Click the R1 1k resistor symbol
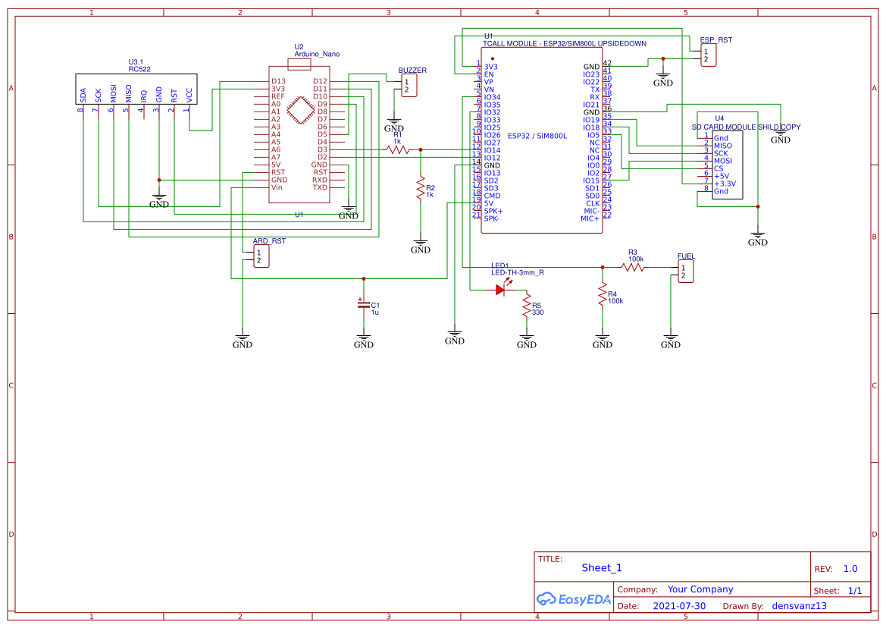coord(398,150)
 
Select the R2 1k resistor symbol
coord(420,188)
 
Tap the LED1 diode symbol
coord(501,289)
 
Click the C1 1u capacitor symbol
coord(364,304)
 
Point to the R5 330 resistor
coord(526,306)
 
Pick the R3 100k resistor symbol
coord(633,267)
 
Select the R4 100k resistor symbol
coord(602,294)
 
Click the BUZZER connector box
coord(409,86)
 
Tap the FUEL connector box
coord(685,272)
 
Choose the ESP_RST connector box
coord(708,55)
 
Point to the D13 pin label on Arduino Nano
coord(279,81)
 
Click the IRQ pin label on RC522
coord(143,95)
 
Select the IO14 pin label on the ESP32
coord(492,150)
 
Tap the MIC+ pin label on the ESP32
coord(590,218)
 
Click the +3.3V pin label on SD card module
coord(725,184)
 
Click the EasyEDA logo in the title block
coord(573,599)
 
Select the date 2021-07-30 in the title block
coord(678,606)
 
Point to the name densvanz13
coord(799,606)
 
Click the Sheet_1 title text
coord(602,567)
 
